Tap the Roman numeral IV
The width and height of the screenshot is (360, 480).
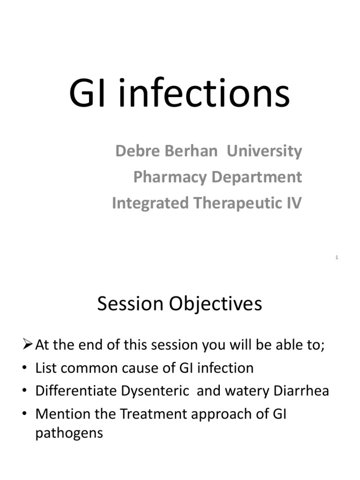295,203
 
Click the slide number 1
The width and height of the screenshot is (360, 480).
337,257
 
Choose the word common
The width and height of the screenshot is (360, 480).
89,368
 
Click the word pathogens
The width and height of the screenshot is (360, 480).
69,433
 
